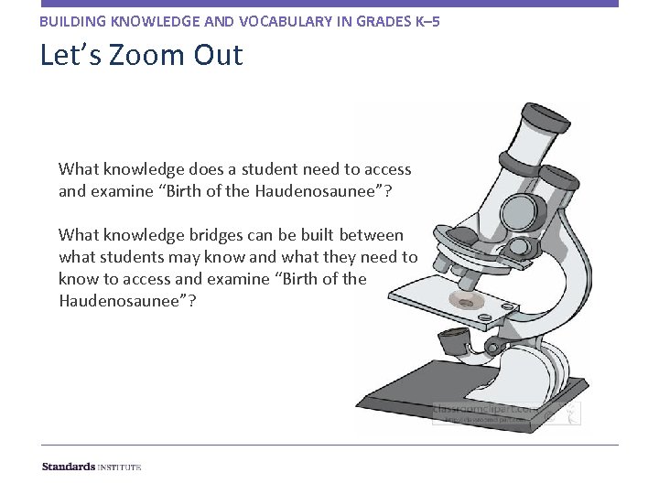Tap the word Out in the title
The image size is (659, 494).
tap(218, 55)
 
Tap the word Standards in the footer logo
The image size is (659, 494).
tap(69, 467)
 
